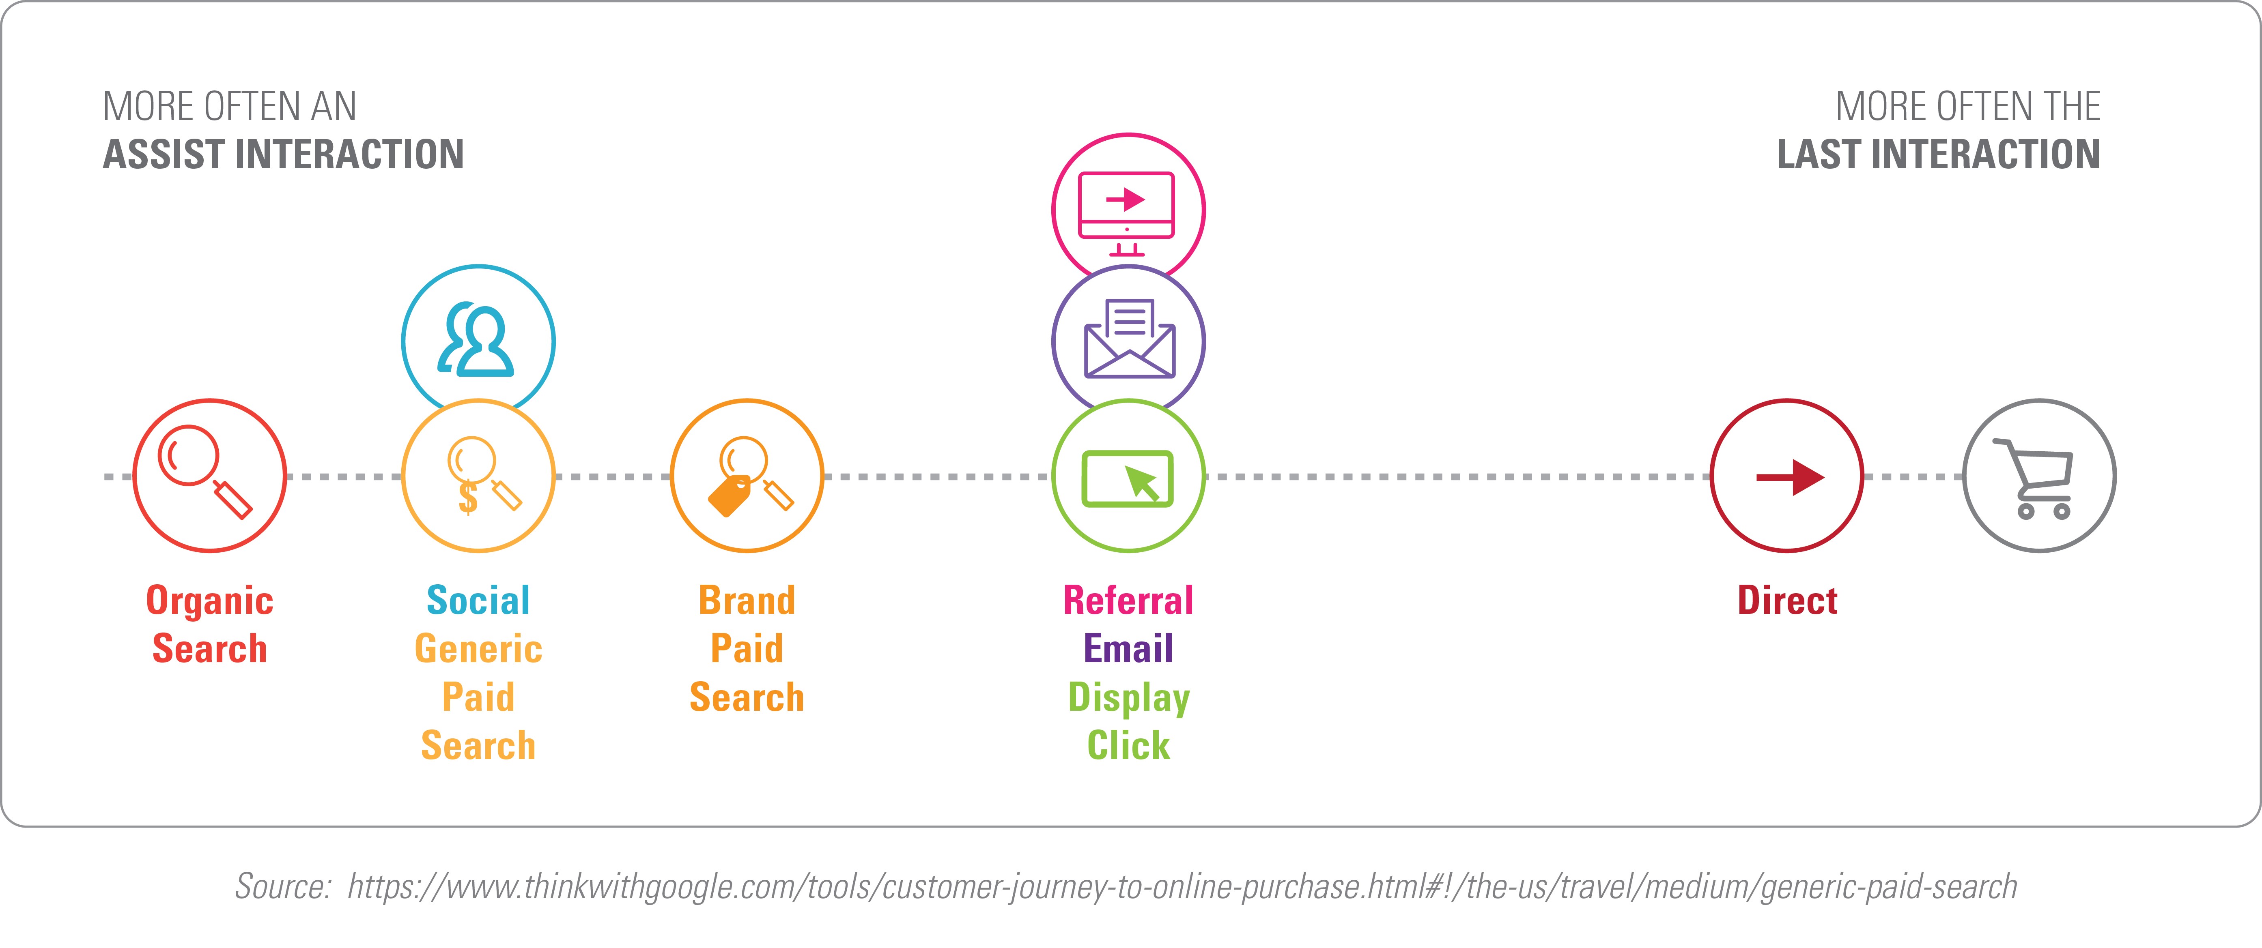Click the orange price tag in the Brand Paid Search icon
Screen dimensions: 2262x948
(x=730, y=496)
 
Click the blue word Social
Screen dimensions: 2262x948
(x=478, y=601)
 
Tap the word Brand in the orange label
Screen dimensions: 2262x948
(x=747, y=601)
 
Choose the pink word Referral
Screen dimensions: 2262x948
(x=1128, y=601)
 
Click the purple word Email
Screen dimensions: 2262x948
(x=1128, y=649)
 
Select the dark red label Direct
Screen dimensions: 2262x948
(x=1788, y=601)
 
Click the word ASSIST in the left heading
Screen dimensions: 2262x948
(x=164, y=154)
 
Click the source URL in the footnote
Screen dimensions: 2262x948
(x=1182, y=886)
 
